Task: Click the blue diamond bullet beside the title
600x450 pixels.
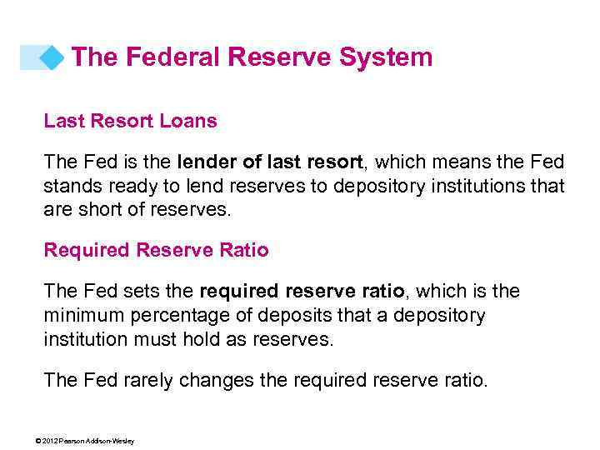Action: coord(52,57)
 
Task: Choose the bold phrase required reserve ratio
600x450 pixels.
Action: coord(302,291)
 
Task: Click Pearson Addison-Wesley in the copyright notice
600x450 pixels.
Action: coord(102,441)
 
